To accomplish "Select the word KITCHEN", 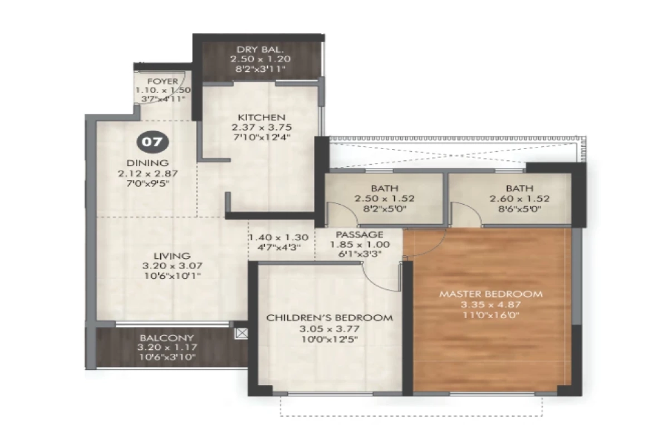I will click(262, 117).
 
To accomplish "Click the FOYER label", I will click(163, 81).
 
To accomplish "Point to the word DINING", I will click(148, 163).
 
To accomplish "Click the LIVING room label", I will click(172, 255).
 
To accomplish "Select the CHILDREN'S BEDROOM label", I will click(330, 318).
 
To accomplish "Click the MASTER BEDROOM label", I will click(490, 294).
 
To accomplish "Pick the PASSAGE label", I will click(359, 235).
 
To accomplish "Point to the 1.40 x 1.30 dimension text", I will click(275, 236).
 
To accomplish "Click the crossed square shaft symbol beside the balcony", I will click(241, 333).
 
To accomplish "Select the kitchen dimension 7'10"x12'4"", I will click(262, 137).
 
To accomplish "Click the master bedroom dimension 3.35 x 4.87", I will click(490, 304).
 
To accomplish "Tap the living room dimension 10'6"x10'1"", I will click(171, 275).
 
